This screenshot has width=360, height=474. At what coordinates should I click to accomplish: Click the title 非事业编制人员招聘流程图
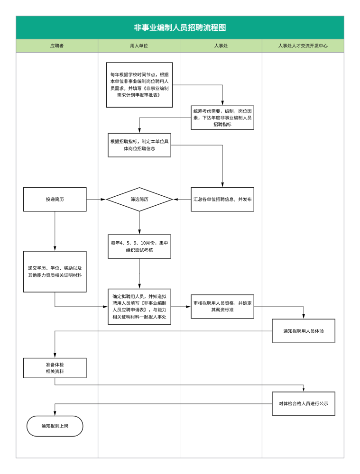180,27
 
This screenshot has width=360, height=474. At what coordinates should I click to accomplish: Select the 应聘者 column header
57,46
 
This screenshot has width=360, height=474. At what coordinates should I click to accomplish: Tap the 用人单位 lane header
139,46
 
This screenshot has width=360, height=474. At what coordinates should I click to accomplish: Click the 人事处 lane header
221,46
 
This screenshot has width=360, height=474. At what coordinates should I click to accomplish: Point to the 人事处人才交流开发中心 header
303,46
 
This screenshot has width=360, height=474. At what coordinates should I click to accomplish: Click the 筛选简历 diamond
139,199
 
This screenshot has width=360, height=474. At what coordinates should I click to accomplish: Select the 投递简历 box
55,199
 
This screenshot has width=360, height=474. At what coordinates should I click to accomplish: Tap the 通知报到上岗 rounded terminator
55,426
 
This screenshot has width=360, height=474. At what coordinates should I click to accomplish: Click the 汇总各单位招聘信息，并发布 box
222,199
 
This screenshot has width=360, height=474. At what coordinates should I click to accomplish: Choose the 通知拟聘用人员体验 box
304,331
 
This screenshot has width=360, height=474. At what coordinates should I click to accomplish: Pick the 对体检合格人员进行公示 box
304,403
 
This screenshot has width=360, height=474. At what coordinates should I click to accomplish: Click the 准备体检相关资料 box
55,368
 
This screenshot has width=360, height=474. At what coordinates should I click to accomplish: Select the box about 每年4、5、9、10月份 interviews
139,246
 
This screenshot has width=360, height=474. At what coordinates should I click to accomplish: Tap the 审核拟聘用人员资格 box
222,307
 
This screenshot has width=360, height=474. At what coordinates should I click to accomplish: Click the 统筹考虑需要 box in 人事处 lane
222,118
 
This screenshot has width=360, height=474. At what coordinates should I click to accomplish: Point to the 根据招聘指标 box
139,145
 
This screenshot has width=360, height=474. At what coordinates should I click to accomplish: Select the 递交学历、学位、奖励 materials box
55,272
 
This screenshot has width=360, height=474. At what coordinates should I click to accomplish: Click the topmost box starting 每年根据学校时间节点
139,85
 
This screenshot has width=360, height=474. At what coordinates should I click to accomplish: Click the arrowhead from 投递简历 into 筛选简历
103,199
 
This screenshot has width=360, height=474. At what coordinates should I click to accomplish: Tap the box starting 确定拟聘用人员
139,307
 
